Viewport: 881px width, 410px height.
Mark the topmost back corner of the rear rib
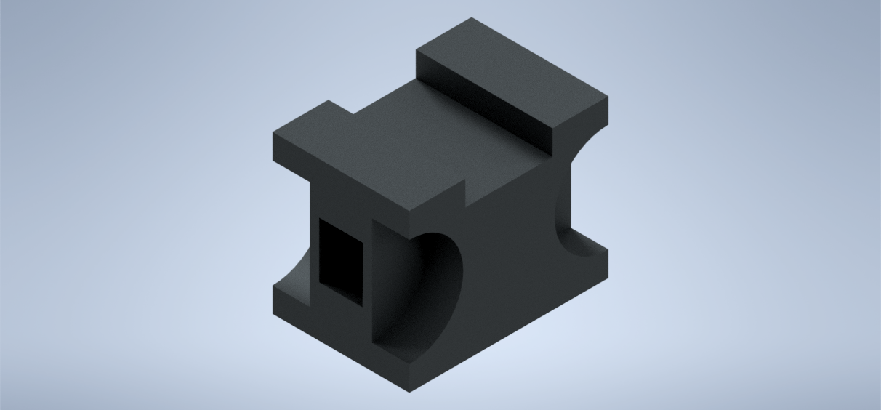pos(472,18)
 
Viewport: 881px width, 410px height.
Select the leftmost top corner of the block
pos(273,134)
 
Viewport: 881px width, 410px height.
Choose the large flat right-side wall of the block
pos(509,276)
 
